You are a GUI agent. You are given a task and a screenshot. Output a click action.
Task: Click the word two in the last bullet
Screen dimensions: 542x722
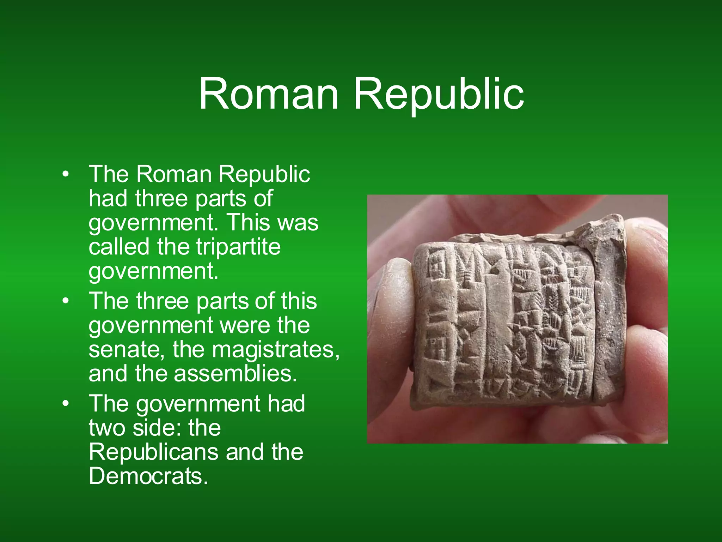tap(107, 428)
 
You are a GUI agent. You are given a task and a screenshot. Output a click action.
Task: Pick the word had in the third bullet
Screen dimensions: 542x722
tap(286, 404)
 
